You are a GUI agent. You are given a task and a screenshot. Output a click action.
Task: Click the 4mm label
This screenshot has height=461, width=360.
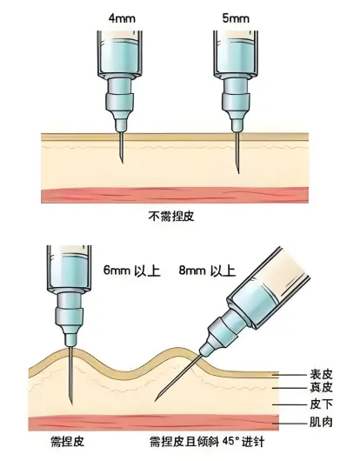[x=122, y=18]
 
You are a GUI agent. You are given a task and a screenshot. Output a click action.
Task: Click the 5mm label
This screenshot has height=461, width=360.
[x=236, y=18]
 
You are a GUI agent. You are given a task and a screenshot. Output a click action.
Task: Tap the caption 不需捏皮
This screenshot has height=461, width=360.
[x=171, y=217]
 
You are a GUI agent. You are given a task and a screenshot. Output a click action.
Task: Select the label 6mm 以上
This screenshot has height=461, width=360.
[x=132, y=271]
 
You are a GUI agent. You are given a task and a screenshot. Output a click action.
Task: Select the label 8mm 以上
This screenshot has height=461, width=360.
[x=208, y=271]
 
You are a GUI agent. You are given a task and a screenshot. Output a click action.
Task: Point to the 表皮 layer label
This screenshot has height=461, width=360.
[x=321, y=375]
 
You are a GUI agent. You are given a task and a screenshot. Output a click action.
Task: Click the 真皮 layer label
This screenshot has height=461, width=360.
[x=321, y=387]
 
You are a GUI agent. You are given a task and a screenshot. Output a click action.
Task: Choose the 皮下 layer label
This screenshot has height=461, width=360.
[x=321, y=404]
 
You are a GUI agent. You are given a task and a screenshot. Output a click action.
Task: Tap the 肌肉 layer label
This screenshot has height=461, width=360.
[x=321, y=422]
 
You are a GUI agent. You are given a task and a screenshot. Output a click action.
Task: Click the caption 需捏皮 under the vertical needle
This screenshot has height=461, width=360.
[x=68, y=442]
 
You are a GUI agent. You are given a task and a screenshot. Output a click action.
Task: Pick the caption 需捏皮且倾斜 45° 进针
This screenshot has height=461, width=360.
[x=207, y=442]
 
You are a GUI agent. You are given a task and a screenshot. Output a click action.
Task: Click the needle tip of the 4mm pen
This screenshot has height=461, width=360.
[x=123, y=163]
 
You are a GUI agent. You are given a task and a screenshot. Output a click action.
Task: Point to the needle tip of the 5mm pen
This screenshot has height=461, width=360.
[x=238, y=173]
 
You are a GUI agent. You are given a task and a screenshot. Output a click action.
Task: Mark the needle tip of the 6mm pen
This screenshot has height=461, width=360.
[x=72, y=404]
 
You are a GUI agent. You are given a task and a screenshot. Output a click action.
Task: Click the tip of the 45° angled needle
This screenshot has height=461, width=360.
[x=156, y=401]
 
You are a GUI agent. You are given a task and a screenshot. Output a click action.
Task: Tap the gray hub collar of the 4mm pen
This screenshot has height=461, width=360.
[x=120, y=102]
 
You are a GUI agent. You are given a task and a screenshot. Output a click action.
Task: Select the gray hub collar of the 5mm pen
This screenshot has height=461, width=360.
[x=236, y=102]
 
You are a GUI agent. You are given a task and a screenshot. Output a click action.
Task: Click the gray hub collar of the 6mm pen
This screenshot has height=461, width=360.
[x=70, y=316]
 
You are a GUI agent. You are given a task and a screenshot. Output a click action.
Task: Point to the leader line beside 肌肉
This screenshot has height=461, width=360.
[x=290, y=424]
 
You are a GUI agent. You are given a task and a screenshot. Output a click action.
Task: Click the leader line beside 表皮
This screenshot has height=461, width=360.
[x=290, y=375]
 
